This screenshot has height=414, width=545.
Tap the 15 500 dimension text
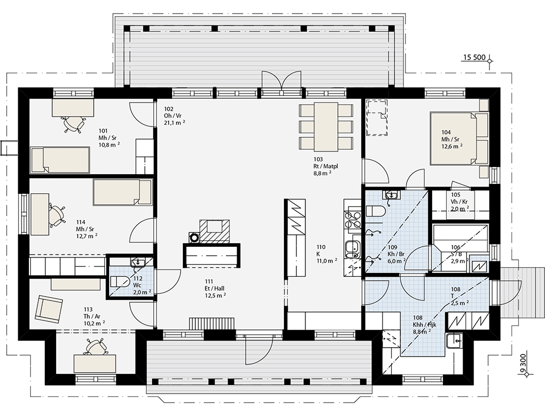473,57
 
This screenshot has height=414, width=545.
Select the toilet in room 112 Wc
118,281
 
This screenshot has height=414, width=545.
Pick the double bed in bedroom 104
459,138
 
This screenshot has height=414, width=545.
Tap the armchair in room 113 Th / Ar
49,309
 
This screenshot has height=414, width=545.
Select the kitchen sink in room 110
353,250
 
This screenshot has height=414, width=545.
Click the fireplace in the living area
215,231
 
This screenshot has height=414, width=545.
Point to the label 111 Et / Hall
215,288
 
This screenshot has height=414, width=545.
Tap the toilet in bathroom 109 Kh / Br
375,212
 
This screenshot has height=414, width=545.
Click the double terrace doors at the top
281,81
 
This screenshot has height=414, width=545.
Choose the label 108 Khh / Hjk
425,324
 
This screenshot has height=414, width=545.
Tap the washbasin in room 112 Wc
139,262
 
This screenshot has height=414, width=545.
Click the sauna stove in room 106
479,265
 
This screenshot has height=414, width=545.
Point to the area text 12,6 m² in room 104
452,146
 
